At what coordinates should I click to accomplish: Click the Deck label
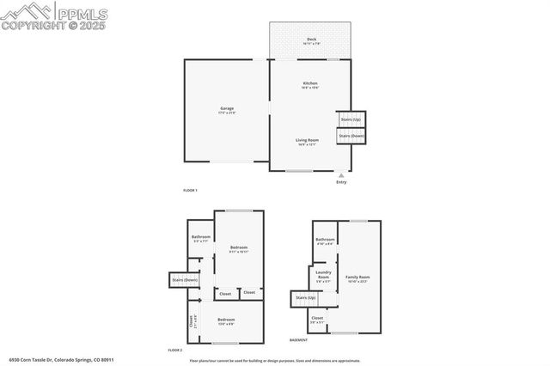(x=311, y=40)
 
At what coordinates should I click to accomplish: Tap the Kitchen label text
(x=310, y=83)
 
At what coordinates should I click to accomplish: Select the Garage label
(x=227, y=109)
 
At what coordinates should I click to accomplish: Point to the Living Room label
(x=308, y=140)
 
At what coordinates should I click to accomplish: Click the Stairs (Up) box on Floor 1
(x=351, y=119)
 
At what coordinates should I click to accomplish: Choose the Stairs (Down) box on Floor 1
(x=351, y=136)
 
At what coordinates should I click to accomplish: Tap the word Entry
(x=341, y=182)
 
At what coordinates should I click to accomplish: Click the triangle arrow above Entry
(x=341, y=174)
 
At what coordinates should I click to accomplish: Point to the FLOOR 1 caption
(x=190, y=190)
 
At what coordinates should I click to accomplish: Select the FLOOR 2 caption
(x=175, y=350)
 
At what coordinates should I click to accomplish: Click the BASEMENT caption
(x=298, y=340)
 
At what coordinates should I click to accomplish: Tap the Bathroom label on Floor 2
(x=201, y=237)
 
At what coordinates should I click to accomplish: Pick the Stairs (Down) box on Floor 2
(x=185, y=279)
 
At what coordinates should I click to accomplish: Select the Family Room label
(x=357, y=278)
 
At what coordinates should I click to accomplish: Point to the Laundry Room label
(x=323, y=277)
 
